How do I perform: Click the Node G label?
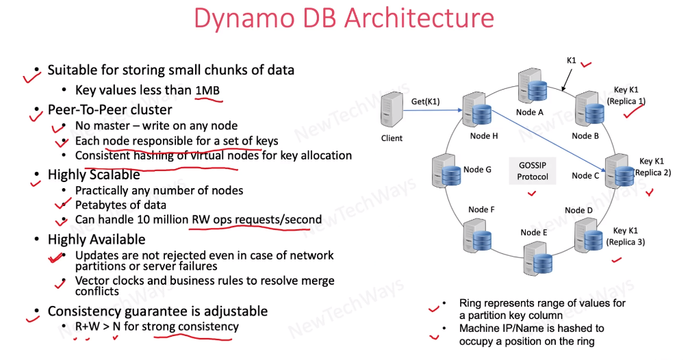[478, 169]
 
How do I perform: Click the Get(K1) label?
[425, 102]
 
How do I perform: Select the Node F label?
[482, 209]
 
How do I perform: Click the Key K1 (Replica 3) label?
[629, 236]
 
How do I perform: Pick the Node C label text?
[585, 176]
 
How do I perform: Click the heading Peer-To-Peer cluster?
[110, 110]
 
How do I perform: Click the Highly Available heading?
[97, 240]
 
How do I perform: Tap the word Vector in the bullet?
[92, 281]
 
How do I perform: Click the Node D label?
[579, 210]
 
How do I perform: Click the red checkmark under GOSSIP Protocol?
[531, 194]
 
